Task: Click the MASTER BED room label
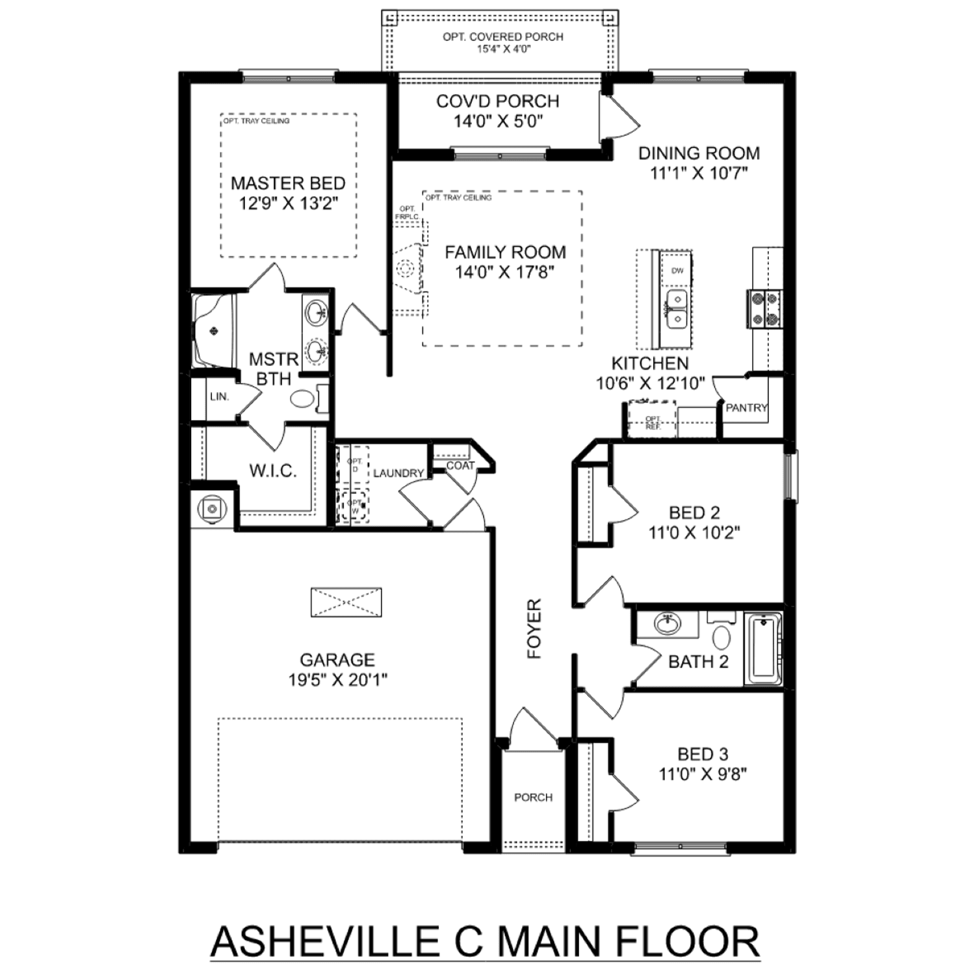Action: pyautogui.click(x=288, y=183)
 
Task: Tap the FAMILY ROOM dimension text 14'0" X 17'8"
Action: pyautogui.click(x=504, y=272)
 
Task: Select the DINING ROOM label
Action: pyautogui.click(x=699, y=153)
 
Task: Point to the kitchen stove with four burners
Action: pyautogui.click(x=763, y=309)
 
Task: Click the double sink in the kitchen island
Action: pyautogui.click(x=677, y=309)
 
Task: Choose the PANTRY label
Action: pyautogui.click(x=746, y=408)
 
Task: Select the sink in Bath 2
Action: pyautogui.click(x=667, y=624)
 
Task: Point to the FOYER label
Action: pyautogui.click(x=534, y=629)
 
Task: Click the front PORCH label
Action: pyautogui.click(x=533, y=798)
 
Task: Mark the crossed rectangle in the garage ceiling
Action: pyautogui.click(x=346, y=603)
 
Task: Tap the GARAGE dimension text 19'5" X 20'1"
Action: pyautogui.click(x=337, y=681)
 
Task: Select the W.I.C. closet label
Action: pyautogui.click(x=273, y=471)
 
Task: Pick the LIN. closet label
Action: pyautogui.click(x=220, y=396)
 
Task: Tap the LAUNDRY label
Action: pyautogui.click(x=398, y=473)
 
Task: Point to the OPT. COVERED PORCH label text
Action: pyautogui.click(x=502, y=37)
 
